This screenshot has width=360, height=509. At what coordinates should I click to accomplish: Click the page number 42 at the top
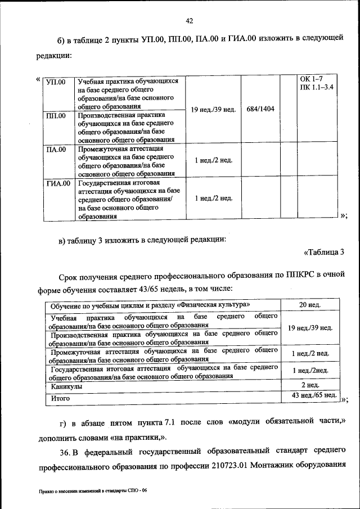(x=189, y=21)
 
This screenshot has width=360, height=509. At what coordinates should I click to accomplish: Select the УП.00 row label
(x=56, y=82)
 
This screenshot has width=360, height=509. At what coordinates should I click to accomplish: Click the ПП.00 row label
(x=56, y=116)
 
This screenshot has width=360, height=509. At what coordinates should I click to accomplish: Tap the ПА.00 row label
(x=56, y=150)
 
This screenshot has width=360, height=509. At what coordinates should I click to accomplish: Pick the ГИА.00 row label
(x=57, y=183)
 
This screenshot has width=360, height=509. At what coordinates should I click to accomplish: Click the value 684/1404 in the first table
(x=260, y=109)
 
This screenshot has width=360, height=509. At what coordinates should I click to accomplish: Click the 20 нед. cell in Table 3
(x=310, y=305)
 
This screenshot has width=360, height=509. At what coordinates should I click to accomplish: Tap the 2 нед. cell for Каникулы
(x=310, y=385)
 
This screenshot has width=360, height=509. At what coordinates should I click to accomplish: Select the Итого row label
(x=60, y=398)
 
